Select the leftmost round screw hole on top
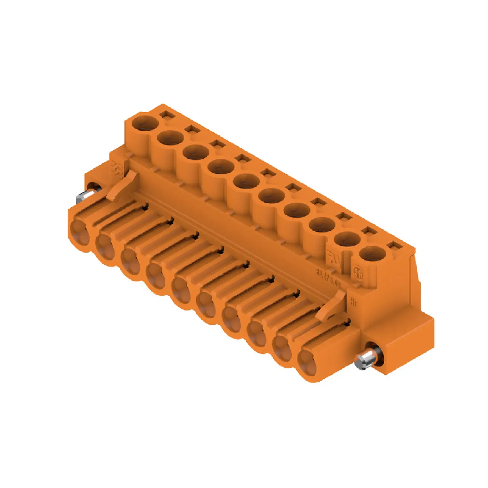(x=145, y=122)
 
